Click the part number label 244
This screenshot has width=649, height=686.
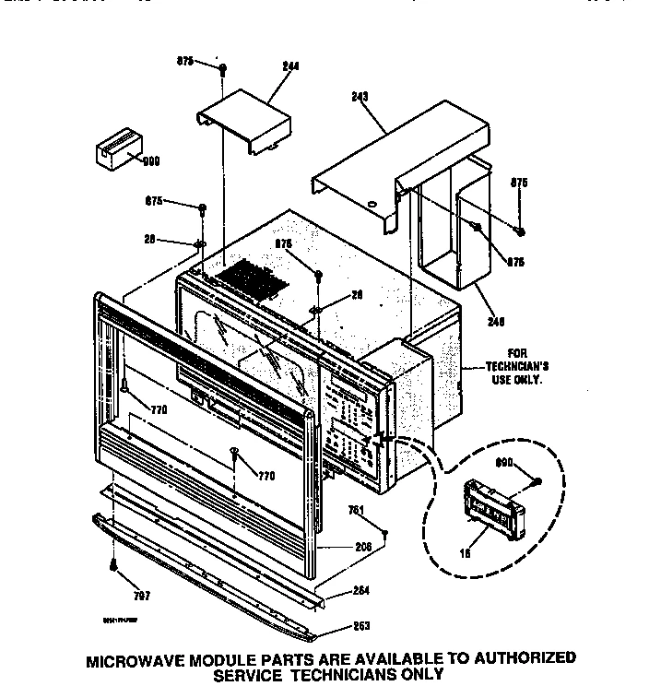point(292,66)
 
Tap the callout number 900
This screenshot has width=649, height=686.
point(151,160)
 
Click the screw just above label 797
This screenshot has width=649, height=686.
point(112,564)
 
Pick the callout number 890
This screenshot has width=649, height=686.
point(503,464)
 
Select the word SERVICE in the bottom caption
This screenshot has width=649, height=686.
point(254,674)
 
